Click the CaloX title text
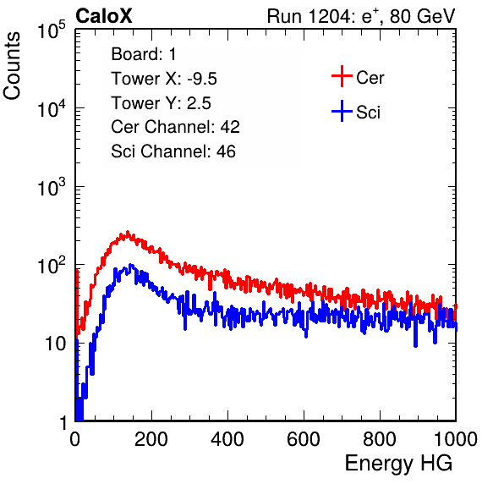coord(104,16)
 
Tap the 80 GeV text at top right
coord(422,16)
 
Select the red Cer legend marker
coord(342,76)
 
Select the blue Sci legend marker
coord(342,111)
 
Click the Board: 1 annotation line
coord(144,54)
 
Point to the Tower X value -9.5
coord(202,79)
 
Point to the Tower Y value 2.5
coord(199,103)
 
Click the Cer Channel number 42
coord(230,127)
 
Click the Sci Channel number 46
coord(226,151)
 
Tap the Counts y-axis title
coord(12,66)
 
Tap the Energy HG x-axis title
coord(398,463)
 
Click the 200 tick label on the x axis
coord(151,439)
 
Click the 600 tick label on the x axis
coord(304,439)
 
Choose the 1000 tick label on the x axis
coord(456,439)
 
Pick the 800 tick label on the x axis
coord(380,439)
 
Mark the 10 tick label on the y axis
coord(55,344)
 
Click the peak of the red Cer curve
coord(128,232)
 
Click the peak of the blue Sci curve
coord(130,265)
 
